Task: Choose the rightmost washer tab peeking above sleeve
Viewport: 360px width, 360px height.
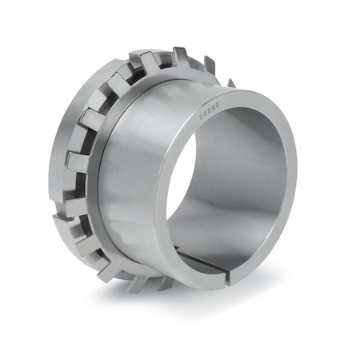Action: pyautogui.click(x=230, y=82)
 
